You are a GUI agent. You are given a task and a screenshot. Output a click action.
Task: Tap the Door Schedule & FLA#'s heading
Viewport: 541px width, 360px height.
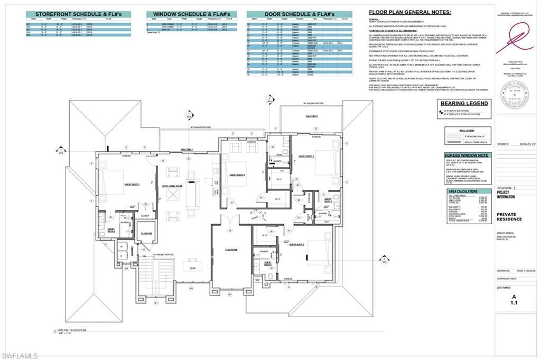coord(300,14)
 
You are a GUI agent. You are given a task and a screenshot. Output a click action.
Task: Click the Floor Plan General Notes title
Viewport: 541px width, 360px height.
coord(410,12)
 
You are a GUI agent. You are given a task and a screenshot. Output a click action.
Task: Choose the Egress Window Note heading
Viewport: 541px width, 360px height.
coord(468,155)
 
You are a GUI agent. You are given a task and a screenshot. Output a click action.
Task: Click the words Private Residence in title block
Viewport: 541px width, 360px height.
coord(509,216)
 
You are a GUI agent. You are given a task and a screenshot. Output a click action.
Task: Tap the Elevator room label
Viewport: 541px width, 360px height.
coord(145,233)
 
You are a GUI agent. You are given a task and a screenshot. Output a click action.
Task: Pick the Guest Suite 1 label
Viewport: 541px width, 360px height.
coord(132,184)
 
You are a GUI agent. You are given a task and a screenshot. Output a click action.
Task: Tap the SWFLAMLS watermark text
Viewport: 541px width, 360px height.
coord(20,356)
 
